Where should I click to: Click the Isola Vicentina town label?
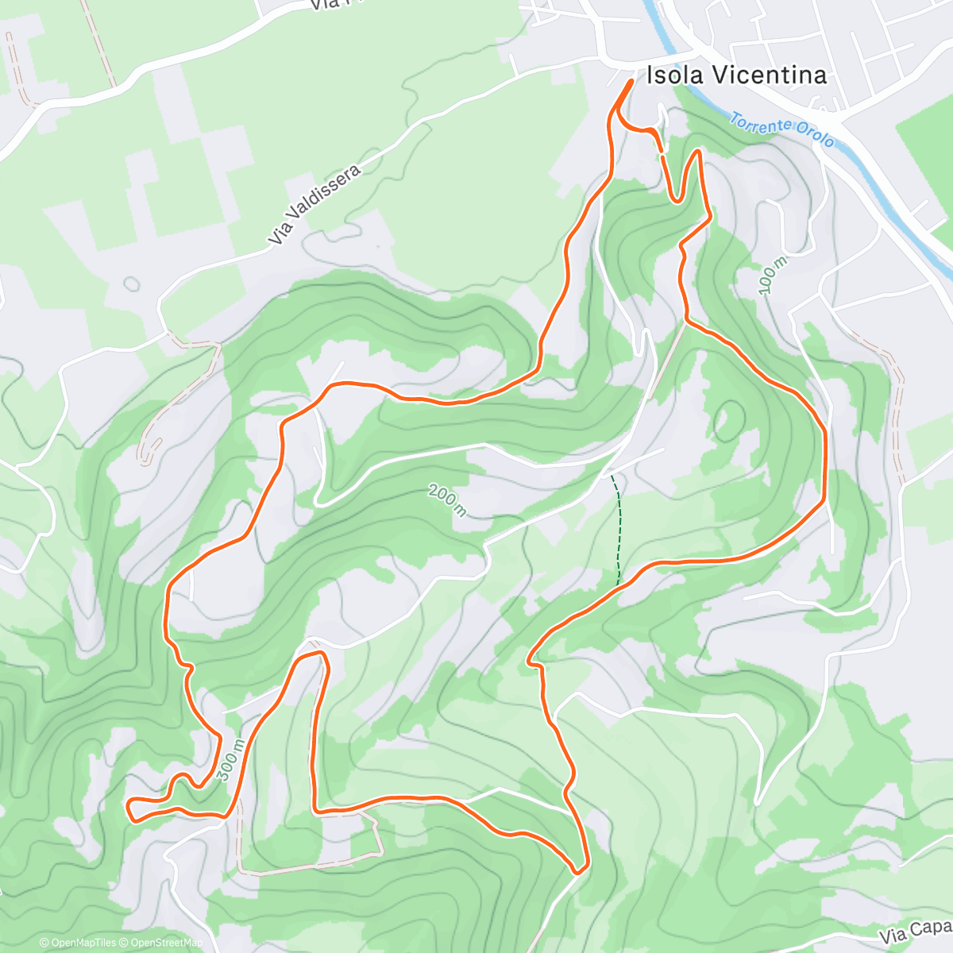point(736,75)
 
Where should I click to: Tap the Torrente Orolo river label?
point(781,131)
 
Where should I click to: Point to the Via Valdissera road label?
point(314,205)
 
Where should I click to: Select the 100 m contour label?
point(772,276)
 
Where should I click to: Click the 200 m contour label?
point(447,500)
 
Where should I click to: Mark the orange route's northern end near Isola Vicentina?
point(631,81)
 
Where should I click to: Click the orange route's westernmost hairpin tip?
point(129,804)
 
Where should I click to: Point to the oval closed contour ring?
point(729,421)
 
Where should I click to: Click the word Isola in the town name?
point(674,75)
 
